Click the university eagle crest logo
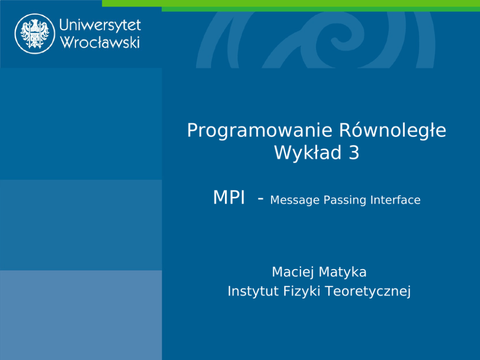(x=34, y=34)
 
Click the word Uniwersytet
(x=100, y=25)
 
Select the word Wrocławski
(x=100, y=42)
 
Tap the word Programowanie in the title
(x=259, y=131)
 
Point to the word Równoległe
(x=393, y=131)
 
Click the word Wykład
(x=308, y=152)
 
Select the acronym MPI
(x=229, y=197)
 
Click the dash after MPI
(x=260, y=199)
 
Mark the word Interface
(x=395, y=200)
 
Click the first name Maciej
(x=293, y=272)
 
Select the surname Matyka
(x=343, y=272)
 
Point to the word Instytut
(x=253, y=291)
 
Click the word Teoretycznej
(x=368, y=291)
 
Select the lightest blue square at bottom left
(x=81, y=315)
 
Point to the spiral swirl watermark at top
(x=315, y=40)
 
